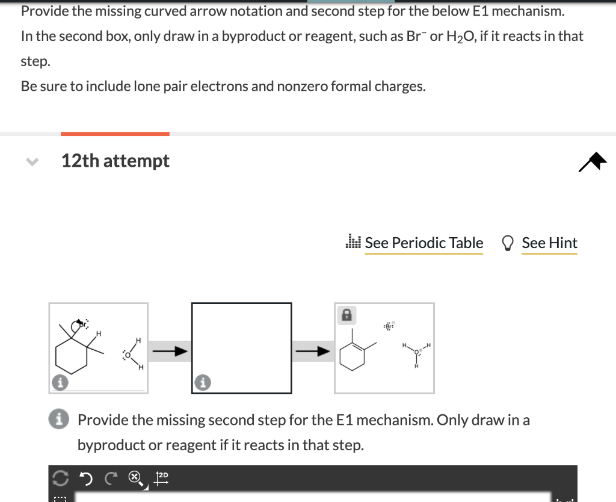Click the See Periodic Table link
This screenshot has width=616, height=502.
click(423, 243)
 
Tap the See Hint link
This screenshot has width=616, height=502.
click(549, 243)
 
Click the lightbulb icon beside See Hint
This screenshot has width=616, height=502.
click(508, 243)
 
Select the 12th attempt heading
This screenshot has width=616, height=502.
click(115, 161)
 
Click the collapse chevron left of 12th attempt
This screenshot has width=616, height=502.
click(32, 161)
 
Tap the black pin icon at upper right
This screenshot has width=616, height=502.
click(592, 161)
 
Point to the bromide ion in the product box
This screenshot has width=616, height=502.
click(387, 325)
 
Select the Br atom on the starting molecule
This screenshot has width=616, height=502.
click(82, 325)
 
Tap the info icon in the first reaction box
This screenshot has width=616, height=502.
click(59, 381)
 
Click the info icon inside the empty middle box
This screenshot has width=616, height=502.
click(202, 382)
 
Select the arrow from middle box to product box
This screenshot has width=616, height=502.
click(313, 350)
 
